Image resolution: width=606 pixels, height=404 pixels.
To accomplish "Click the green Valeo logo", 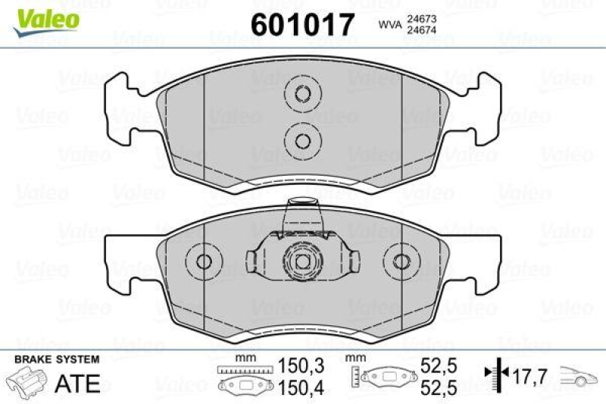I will pyautogui.click(x=46, y=17).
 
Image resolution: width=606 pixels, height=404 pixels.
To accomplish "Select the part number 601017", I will pyautogui.click(x=302, y=24).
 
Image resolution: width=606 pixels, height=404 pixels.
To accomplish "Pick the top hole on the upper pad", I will pyautogui.click(x=302, y=95).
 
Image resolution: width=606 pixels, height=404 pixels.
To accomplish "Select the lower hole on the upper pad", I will pyautogui.click(x=302, y=140).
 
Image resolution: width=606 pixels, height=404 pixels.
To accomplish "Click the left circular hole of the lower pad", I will pyautogui.click(x=204, y=262).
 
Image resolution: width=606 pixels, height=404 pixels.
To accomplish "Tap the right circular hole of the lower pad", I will pyautogui.click(x=401, y=262).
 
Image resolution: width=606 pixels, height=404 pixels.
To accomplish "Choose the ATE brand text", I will pyautogui.click(x=78, y=383).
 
